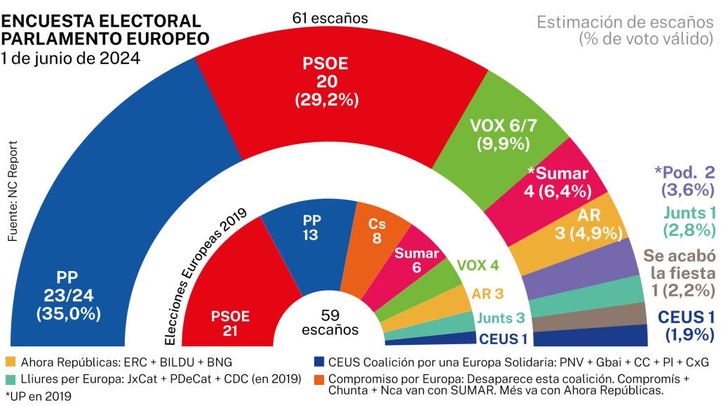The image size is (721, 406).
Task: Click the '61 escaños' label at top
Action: (x=330, y=17)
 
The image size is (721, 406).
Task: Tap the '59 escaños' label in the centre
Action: (x=330, y=322)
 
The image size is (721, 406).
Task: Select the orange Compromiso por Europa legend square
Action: (x=318, y=379)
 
